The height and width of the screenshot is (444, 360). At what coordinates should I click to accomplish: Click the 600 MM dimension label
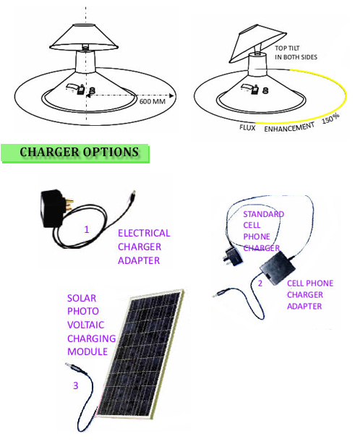coord(153,101)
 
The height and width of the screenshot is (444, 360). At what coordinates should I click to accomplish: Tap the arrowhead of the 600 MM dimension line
coord(171,95)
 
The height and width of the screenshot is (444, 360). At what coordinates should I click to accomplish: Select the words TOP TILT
coord(287,48)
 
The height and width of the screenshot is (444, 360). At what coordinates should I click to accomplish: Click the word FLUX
coord(247,128)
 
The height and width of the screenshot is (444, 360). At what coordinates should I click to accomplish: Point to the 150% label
coord(330,119)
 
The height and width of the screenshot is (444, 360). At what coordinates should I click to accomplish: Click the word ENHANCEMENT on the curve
coord(289,127)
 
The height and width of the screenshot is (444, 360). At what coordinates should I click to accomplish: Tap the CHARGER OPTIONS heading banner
coord(75,153)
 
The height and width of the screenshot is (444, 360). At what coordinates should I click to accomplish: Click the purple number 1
coord(87,229)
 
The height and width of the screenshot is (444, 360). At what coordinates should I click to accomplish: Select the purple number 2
coord(260,283)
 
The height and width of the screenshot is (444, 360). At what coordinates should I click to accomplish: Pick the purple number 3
coord(76,385)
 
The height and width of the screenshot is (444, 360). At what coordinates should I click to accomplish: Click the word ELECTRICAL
coord(144,233)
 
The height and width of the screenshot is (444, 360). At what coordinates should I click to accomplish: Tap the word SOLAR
coord(82,298)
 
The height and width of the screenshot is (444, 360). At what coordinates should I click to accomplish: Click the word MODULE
coord(87,351)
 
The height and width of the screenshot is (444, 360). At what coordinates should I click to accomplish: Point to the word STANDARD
coord(263,214)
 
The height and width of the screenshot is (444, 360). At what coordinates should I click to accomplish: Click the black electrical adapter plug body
coord(53,208)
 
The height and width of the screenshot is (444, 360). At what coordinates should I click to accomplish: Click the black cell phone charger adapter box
coord(278,268)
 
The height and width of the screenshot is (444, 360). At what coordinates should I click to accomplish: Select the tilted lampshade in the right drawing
coord(257,43)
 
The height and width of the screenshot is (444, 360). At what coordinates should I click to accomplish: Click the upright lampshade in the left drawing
coord(84,38)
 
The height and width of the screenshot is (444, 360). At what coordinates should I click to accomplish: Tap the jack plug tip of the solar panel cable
coord(68,364)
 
